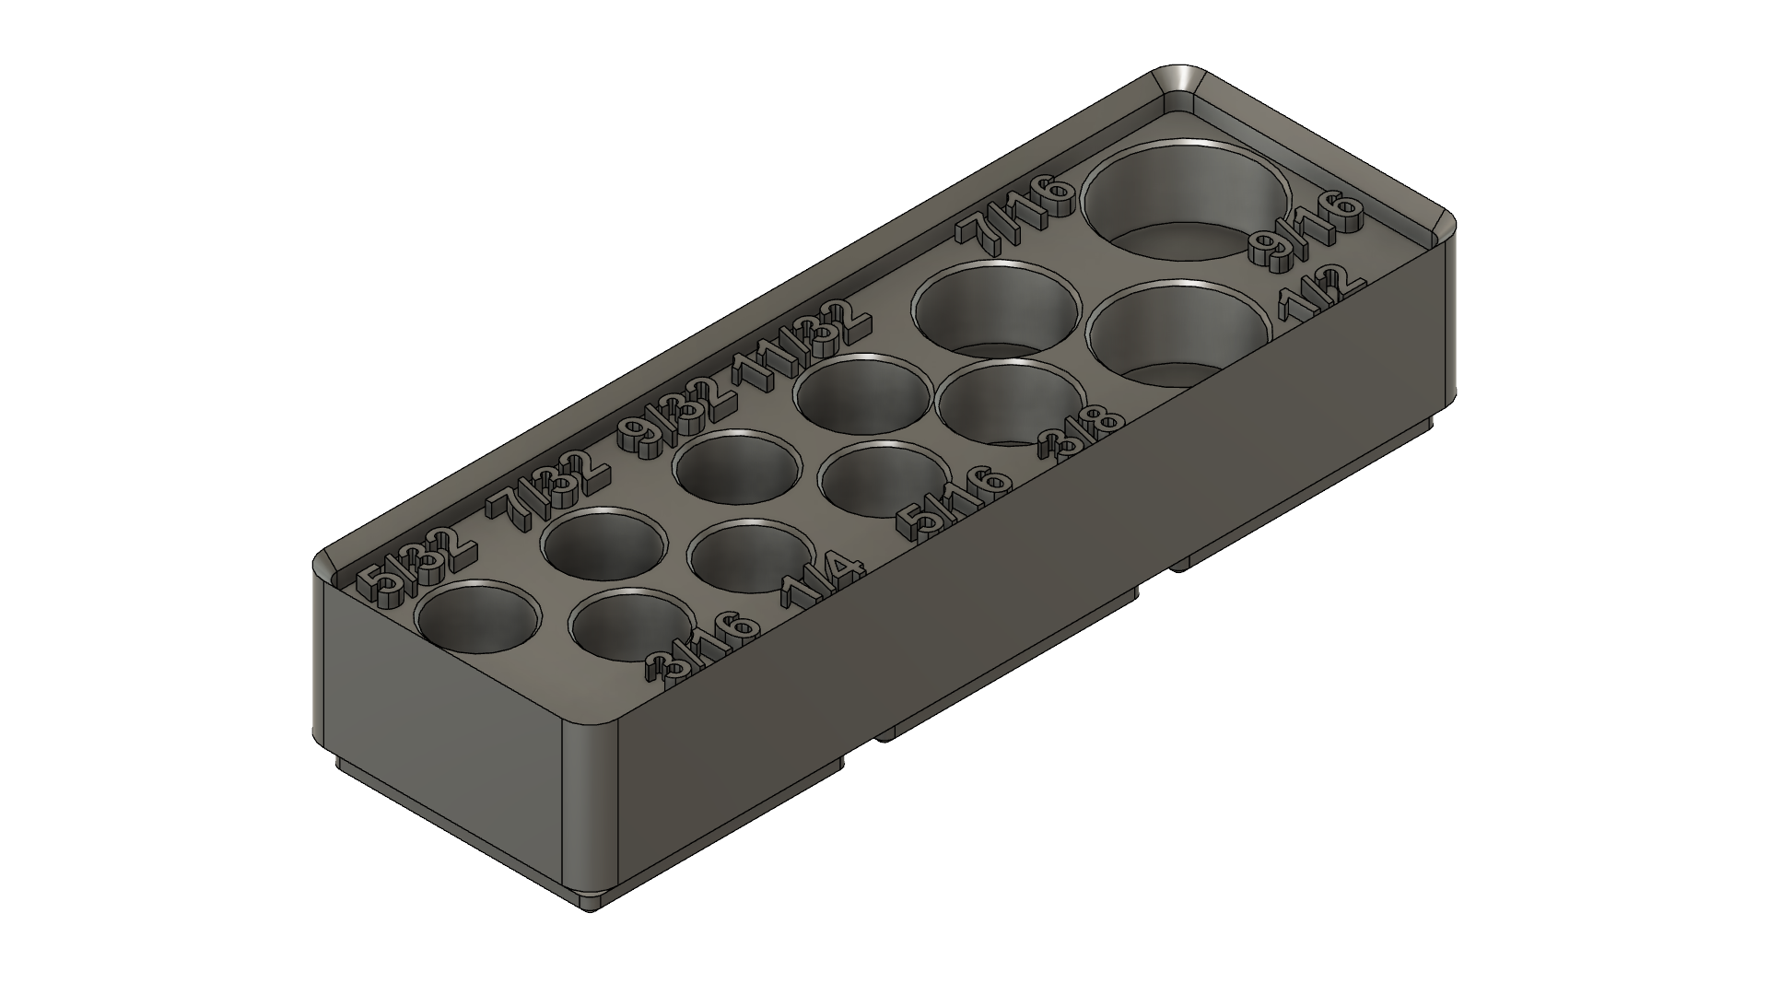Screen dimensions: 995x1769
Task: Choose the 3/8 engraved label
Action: [1082, 435]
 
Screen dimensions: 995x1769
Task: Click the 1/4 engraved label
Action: [823, 583]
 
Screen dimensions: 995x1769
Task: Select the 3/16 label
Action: [705, 649]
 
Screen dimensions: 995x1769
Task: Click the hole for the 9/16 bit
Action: [1186, 198]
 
